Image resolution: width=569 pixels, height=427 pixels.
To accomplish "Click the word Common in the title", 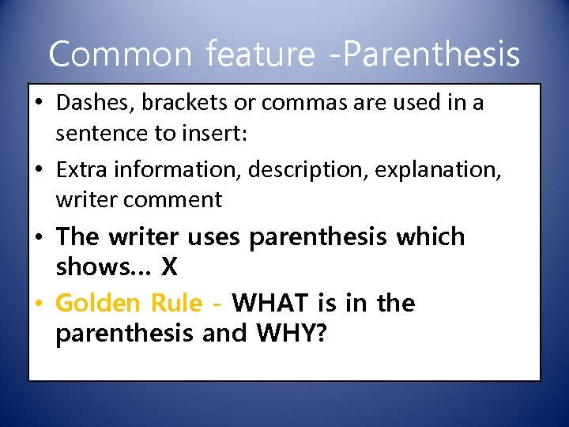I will [120, 55].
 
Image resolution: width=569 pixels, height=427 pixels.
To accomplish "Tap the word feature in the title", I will [260, 55].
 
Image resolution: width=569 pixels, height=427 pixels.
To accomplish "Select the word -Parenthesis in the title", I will [424, 55].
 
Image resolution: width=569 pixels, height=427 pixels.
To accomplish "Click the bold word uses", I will [215, 237].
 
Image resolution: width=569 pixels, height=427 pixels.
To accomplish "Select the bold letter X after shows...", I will [169, 267].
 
